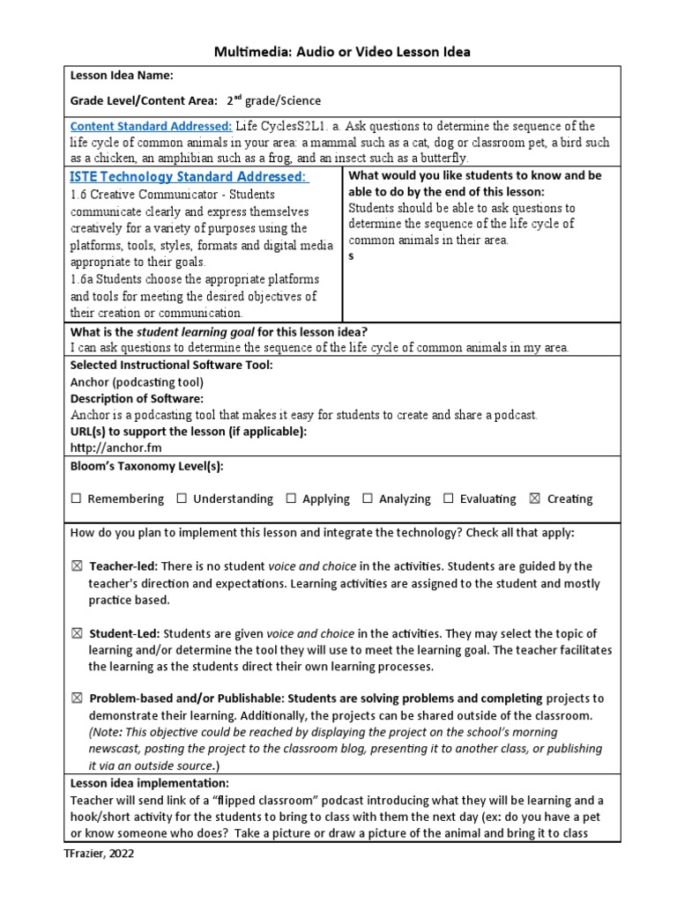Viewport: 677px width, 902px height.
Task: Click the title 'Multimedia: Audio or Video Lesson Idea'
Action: point(342,52)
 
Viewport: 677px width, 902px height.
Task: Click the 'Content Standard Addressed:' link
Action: point(151,126)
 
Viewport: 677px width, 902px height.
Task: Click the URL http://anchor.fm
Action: point(108,447)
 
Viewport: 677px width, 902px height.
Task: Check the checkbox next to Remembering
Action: point(76,499)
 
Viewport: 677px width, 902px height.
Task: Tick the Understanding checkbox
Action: point(182,499)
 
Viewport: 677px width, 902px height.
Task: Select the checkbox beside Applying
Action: point(291,499)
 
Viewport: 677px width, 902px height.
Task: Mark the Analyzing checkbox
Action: point(368,499)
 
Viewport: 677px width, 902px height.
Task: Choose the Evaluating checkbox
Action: point(449,499)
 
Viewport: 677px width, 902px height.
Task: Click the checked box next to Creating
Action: point(535,499)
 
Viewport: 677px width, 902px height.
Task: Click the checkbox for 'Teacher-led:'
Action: point(76,566)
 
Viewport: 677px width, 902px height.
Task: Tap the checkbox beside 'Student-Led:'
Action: point(76,633)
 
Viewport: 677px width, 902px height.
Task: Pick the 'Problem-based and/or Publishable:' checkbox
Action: point(76,699)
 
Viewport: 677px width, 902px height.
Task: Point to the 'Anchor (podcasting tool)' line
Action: point(137,381)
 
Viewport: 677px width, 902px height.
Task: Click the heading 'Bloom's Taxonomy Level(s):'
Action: point(140,466)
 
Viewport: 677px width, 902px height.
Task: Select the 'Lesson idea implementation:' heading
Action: point(149,783)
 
